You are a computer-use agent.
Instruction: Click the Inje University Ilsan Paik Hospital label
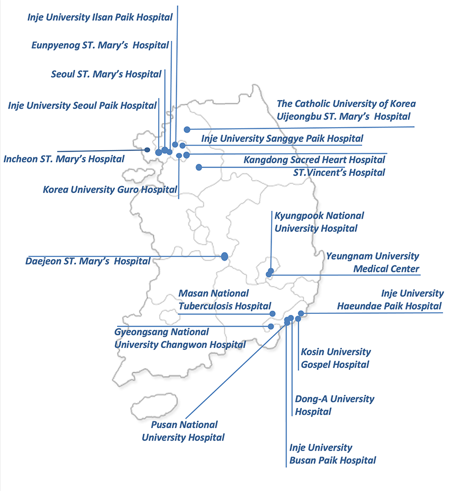100,17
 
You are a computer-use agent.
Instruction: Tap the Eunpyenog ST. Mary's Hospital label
100,45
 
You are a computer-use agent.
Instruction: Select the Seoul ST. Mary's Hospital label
106,74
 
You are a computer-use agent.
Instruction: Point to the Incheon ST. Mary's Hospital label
63,159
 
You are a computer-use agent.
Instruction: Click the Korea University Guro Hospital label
110,190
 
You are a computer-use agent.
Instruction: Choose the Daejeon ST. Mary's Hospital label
88,261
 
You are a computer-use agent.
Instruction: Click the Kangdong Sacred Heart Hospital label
314,160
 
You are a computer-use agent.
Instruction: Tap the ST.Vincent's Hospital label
339,172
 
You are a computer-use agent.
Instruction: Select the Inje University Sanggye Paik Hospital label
282,138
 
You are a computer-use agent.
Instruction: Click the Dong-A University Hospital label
334,405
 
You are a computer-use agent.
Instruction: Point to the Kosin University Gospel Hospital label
335,358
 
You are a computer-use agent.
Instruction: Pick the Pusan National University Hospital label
183,431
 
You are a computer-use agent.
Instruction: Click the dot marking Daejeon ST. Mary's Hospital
224,256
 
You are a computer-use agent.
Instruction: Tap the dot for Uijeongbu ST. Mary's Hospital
187,129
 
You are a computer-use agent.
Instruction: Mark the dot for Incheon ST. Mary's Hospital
147,149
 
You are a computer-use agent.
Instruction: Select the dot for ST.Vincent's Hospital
199,167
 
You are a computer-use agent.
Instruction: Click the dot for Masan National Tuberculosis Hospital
273,314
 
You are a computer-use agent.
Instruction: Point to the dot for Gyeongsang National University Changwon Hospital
271,327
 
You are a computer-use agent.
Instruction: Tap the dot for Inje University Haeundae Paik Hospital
301,313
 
